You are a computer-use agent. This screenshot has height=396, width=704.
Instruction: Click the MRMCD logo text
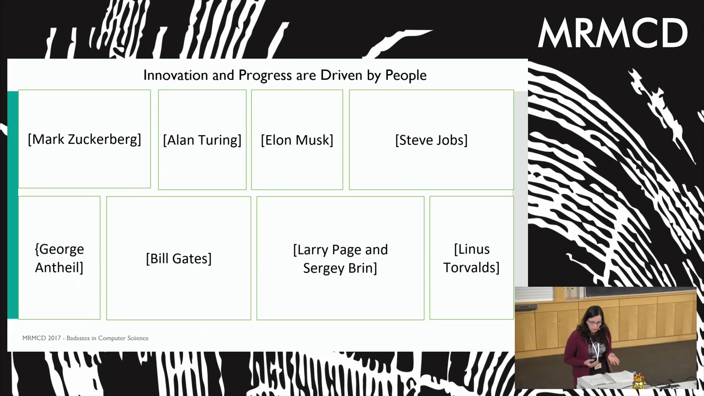pyautogui.click(x=613, y=33)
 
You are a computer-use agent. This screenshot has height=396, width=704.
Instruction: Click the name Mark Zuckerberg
pyautogui.click(x=84, y=140)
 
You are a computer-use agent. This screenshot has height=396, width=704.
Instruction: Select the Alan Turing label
pyautogui.click(x=202, y=140)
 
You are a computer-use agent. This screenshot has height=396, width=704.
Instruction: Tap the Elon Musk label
pyautogui.click(x=297, y=140)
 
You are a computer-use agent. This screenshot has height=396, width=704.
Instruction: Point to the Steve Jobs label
pyautogui.click(x=431, y=140)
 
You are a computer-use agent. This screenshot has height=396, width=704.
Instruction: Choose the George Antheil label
pyautogui.click(x=59, y=258)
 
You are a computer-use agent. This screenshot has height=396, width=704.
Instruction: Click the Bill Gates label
pyautogui.click(x=179, y=258)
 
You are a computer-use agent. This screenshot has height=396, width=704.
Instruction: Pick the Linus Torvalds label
pyautogui.click(x=471, y=258)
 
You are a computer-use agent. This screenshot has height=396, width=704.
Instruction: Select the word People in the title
pyautogui.click(x=406, y=76)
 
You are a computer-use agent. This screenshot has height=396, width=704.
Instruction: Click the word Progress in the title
pyautogui.click(x=265, y=76)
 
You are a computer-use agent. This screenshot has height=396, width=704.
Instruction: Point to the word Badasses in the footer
pyautogui.click(x=78, y=338)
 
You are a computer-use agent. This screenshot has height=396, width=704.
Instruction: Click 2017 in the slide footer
pyautogui.click(x=54, y=338)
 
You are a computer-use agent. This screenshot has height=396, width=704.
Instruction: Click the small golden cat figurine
pyautogui.click(x=638, y=380)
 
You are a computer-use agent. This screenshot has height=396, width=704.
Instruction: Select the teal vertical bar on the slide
pyautogui.click(x=13, y=205)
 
